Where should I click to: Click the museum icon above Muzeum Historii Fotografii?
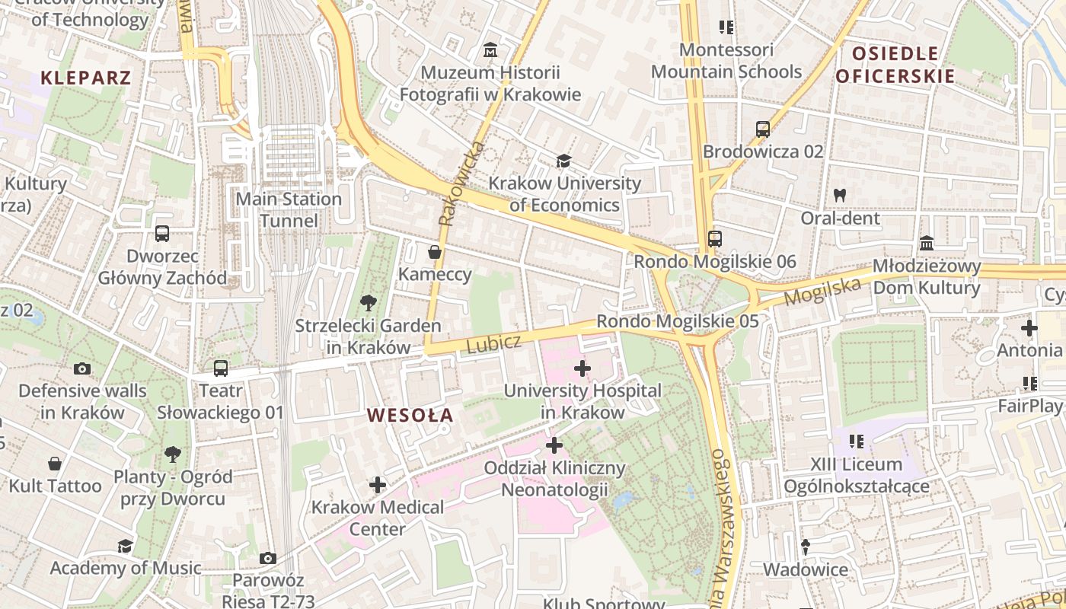(x=490, y=51)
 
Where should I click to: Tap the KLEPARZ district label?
(x=86, y=78)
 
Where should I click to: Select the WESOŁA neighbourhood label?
(x=410, y=416)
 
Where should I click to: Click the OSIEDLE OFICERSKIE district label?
(x=895, y=65)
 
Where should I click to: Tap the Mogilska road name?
(x=822, y=291)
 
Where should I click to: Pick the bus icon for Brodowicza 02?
(x=763, y=129)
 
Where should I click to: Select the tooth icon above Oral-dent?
(x=840, y=196)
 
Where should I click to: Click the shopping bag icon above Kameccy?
(x=435, y=252)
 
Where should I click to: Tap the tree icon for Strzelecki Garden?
(x=368, y=303)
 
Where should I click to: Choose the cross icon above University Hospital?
(x=582, y=369)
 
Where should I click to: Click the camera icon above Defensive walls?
(x=82, y=369)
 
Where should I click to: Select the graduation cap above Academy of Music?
(x=125, y=546)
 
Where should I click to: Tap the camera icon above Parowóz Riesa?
(x=267, y=558)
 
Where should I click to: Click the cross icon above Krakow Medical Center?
(x=378, y=485)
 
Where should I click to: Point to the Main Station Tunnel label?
(x=289, y=210)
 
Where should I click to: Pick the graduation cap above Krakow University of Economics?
(x=563, y=161)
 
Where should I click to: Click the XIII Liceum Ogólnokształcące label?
(x=856, y=475)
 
